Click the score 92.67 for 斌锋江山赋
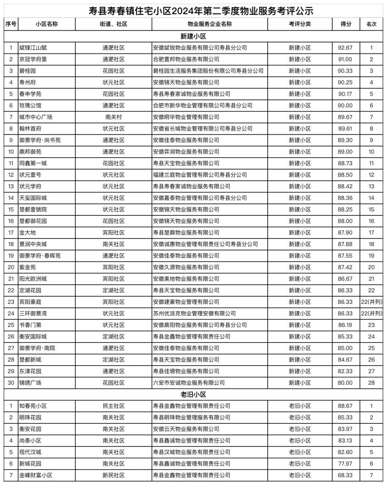click(345, 48)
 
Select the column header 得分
click(346, 24)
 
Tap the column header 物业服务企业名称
click(210, 24)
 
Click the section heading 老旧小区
click(193, 394)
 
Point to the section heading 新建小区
click(193, 36)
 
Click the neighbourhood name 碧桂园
click(28, 71)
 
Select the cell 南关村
click(113, 117)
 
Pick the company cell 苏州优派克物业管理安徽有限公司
click(194, 314)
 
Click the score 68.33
click(345, 475)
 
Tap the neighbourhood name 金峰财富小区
click(36, 475)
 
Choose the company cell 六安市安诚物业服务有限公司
click(189, 383)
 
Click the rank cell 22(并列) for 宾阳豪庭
click(372, 302)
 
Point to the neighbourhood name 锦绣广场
click(30, 383)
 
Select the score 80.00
click(345, 383)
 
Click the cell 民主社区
click(113, 406)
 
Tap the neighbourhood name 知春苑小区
click(33, 406)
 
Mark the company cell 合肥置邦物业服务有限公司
click(186, 59)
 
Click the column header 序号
click(11, 24)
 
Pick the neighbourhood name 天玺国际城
click(33, 198)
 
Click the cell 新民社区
click(113, 475)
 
